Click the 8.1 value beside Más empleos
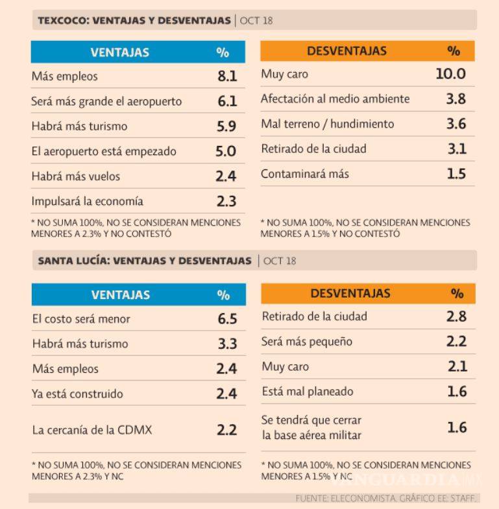(x=227, y=77)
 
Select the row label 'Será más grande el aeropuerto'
(x=106, y=102)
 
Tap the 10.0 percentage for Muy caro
(x=450, y=74)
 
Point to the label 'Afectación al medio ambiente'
(x=335, y=99)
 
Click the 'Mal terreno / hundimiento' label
(x=327, y=124)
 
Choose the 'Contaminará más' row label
(x=305, y=174)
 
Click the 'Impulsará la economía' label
(x=87, y=201)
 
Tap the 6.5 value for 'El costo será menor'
(x=227, y=319)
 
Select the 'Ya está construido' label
(x=77, y=394)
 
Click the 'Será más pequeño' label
(x=308, y=341)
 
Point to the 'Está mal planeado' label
(x=307, y=392)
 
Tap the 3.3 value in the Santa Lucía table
(x=227, y=344)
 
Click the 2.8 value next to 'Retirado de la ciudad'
(x=457, y=316)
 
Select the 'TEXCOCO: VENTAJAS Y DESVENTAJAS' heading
(x=134, y=21)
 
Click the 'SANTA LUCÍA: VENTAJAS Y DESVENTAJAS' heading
(x=145, y=261)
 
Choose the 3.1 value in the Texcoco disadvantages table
(x=457, y=149)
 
